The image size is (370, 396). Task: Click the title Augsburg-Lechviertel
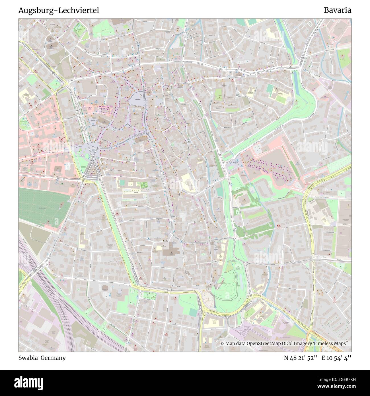pos(59,11)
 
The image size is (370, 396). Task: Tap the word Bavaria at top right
pos(337,10)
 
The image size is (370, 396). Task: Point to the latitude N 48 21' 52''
pos(301,358)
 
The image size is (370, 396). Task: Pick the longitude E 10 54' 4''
pos(336,358)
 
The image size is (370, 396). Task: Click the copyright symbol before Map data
pos(222,344)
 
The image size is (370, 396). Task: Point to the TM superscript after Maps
pos(347,342)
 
